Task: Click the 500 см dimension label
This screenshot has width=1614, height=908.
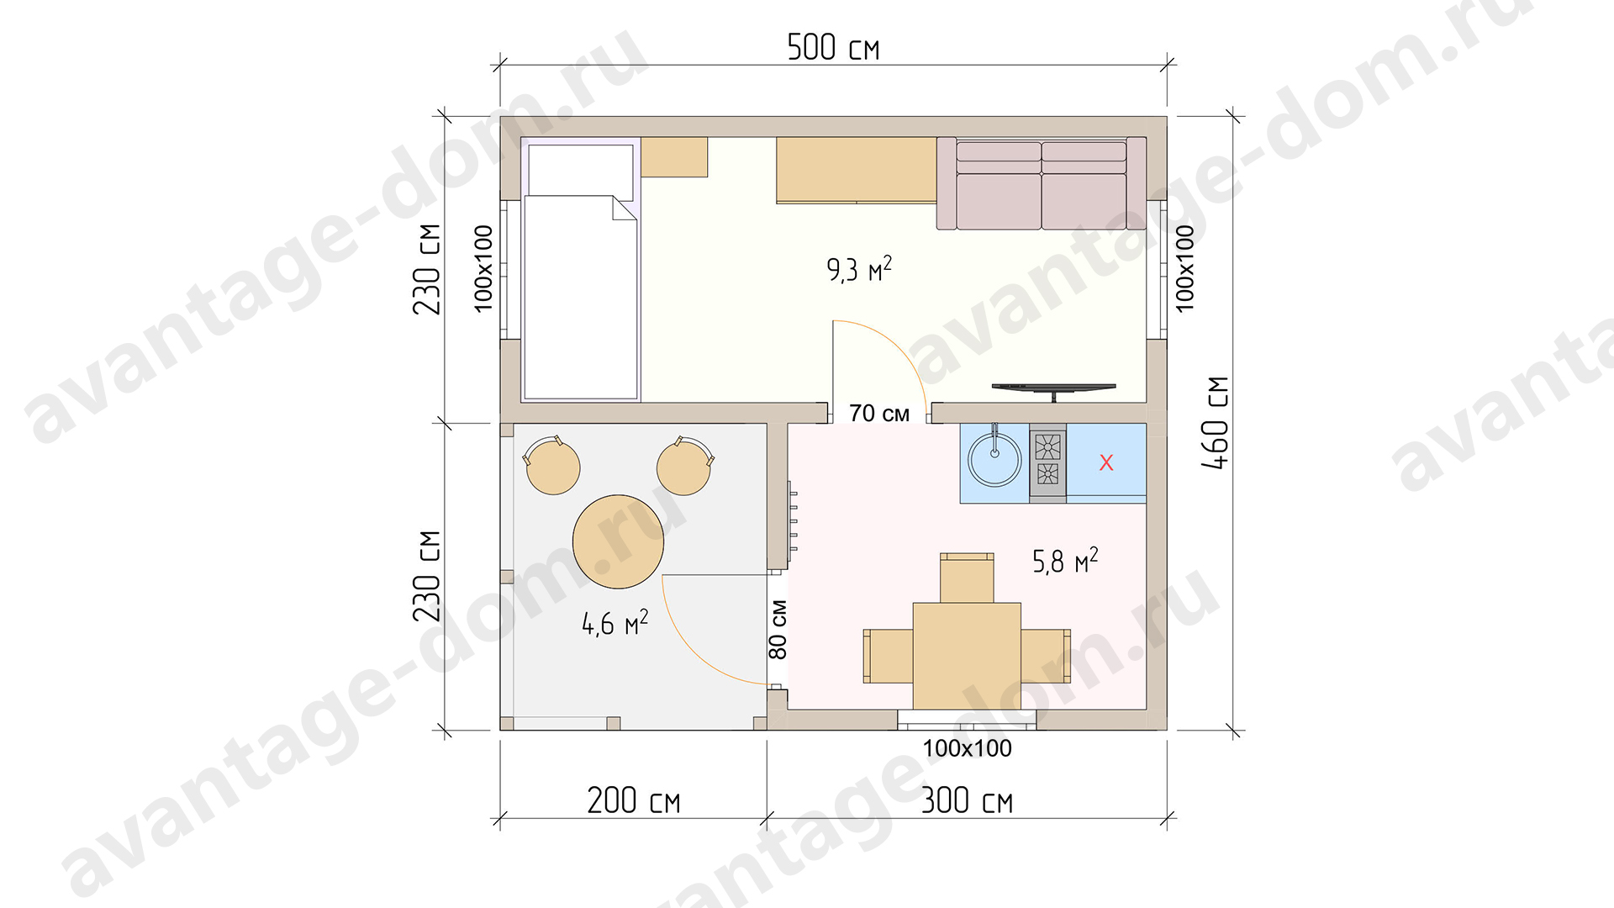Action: pyautogui.click(x=833, y=47)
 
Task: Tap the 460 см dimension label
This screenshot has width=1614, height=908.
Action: pyautogui.click(x=1216, y=423)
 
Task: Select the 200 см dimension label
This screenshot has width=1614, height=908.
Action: pyautogui.click(x=633, y=800)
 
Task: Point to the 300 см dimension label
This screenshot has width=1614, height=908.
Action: pyautogui.click(x=967, y=800)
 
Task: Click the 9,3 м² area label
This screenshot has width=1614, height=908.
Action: pyautogui.click(x=859, y=269)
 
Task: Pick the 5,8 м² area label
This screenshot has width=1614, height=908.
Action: pyautogui.click(x=1065, y=560)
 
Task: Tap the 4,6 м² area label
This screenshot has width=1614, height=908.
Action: pyautogui.click(x=615, y=622)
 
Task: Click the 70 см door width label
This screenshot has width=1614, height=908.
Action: pyautogui.click(x=879, y=414)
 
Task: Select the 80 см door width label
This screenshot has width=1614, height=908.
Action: pyautogui.click(x=778, y=629)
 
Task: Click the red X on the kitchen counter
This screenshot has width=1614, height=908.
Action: pyautogui.click(x=1106, y=462)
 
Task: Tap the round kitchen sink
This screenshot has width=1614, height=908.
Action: pyautogui.click(x=994, y=460)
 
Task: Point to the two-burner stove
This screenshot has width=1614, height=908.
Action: pyautogui.click(x=1048, y=462)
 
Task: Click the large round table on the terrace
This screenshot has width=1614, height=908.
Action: pyautogui.click(x=619, y=541)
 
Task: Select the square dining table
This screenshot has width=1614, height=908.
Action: pyautogui.click(x=967, y=656)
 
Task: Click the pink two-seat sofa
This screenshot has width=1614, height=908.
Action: pyautogui.click(x=1042, y=183)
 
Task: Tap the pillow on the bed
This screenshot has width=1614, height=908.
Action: pyautogui.click(x=581, y=170)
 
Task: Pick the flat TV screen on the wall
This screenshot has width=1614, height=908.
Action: pyautogui.click(x=1054, y=388)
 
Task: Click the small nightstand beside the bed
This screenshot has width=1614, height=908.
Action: pyautogui.click(x=674, y=157)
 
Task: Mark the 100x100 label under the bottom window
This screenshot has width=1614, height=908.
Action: pyautogui.click(x=967, y=748)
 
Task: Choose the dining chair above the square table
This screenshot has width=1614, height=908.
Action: pyautogui.click(x=967, y=578)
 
